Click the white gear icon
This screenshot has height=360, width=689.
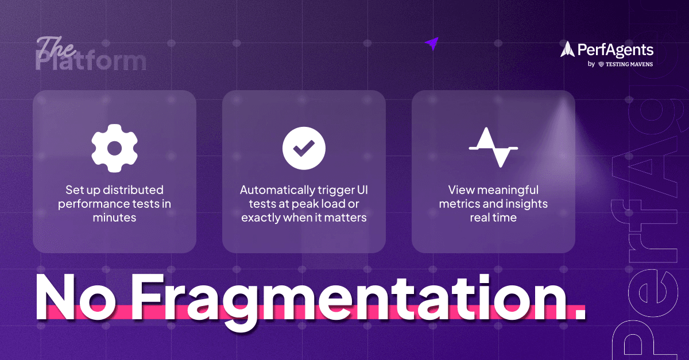point(115,148)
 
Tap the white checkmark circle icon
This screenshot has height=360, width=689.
point(304,148)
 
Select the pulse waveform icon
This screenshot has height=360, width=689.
point(493,148)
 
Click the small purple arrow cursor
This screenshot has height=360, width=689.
point(431,44)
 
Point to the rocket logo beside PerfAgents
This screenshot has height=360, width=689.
point(567,49)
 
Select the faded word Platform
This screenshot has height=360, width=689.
point(91,61)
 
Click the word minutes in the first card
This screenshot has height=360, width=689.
point(114,218)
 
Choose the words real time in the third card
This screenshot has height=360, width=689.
point(493,218)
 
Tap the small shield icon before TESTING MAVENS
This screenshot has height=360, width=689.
point(601,64)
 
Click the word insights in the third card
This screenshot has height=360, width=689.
point(526,204)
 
